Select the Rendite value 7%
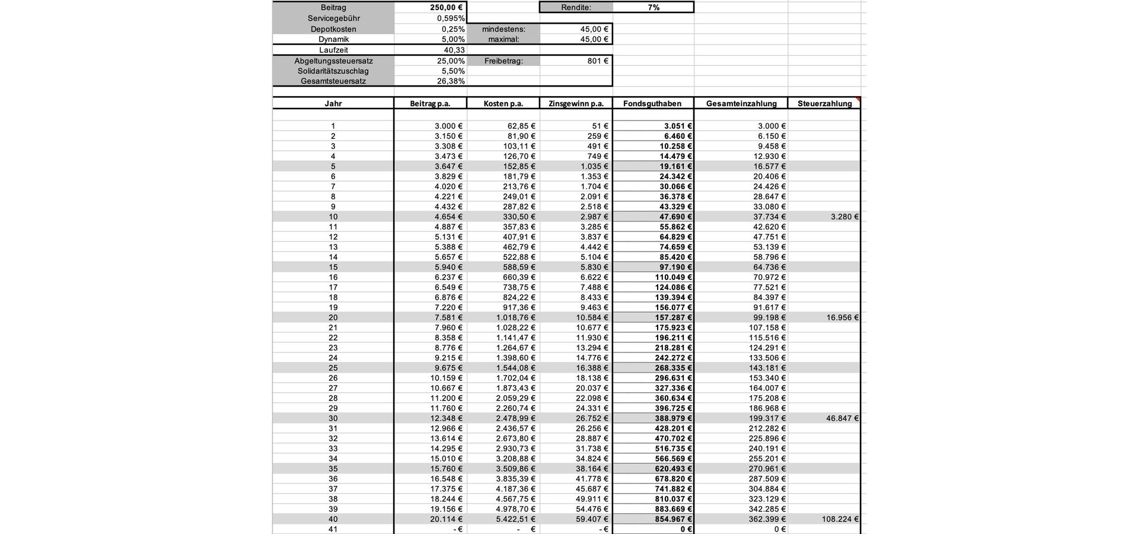click(653, 8)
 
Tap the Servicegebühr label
click(333, 18)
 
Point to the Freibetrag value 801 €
click(598, 61)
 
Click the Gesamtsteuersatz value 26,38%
click(451, 81)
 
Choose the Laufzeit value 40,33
click(454, 50)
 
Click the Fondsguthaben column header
click(652, 103)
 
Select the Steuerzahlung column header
click(824, 103)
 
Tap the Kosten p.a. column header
click(503, 103)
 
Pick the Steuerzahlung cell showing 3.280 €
click(844, 217)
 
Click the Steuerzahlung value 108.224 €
click(840, 519)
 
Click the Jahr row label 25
click(333, 368)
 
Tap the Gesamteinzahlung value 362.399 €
click(767, 519)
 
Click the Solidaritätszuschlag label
click(333, 71)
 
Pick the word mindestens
click(503, 29)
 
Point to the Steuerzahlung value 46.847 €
click(842, 418)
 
